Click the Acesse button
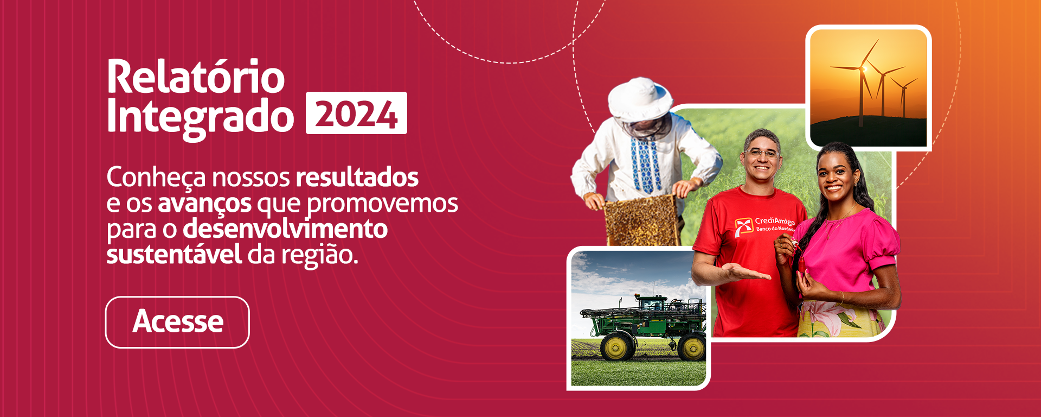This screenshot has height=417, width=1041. click(177, 322)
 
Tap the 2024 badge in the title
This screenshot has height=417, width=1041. click(356, 113)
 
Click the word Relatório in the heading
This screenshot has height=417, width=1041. click(196, 77)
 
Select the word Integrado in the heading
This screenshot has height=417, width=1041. click(200, 117)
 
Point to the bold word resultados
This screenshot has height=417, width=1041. click(357, 177)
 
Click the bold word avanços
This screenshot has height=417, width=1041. click(204, 204)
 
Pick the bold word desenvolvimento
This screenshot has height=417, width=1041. click(285, 229)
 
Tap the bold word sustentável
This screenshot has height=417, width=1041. click(174, 254)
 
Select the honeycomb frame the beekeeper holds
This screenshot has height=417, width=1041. click(641, 220)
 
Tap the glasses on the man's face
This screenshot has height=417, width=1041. click(762, 154)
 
